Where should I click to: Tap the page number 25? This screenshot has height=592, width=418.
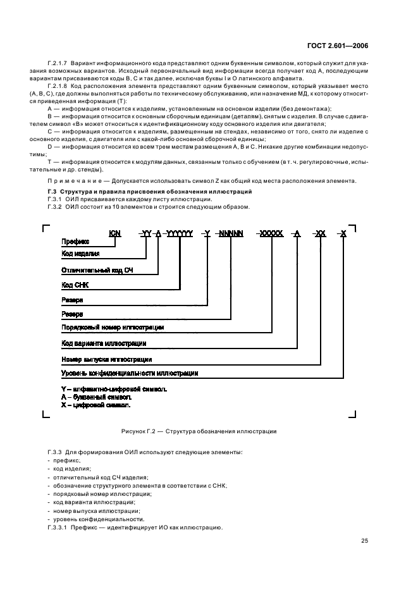point(365,540)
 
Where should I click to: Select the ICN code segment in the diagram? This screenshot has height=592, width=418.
point(114,233)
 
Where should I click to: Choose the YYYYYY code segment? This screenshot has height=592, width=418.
point(180,233)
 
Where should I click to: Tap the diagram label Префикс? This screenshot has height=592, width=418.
point(75,242)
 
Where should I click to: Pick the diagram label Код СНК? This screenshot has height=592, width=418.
point(75,285)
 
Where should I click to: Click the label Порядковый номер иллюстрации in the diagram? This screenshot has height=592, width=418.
point(113,328)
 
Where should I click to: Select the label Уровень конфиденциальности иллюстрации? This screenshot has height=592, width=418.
point(130,373)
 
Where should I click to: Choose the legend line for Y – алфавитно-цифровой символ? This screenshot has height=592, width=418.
point(114,388)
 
